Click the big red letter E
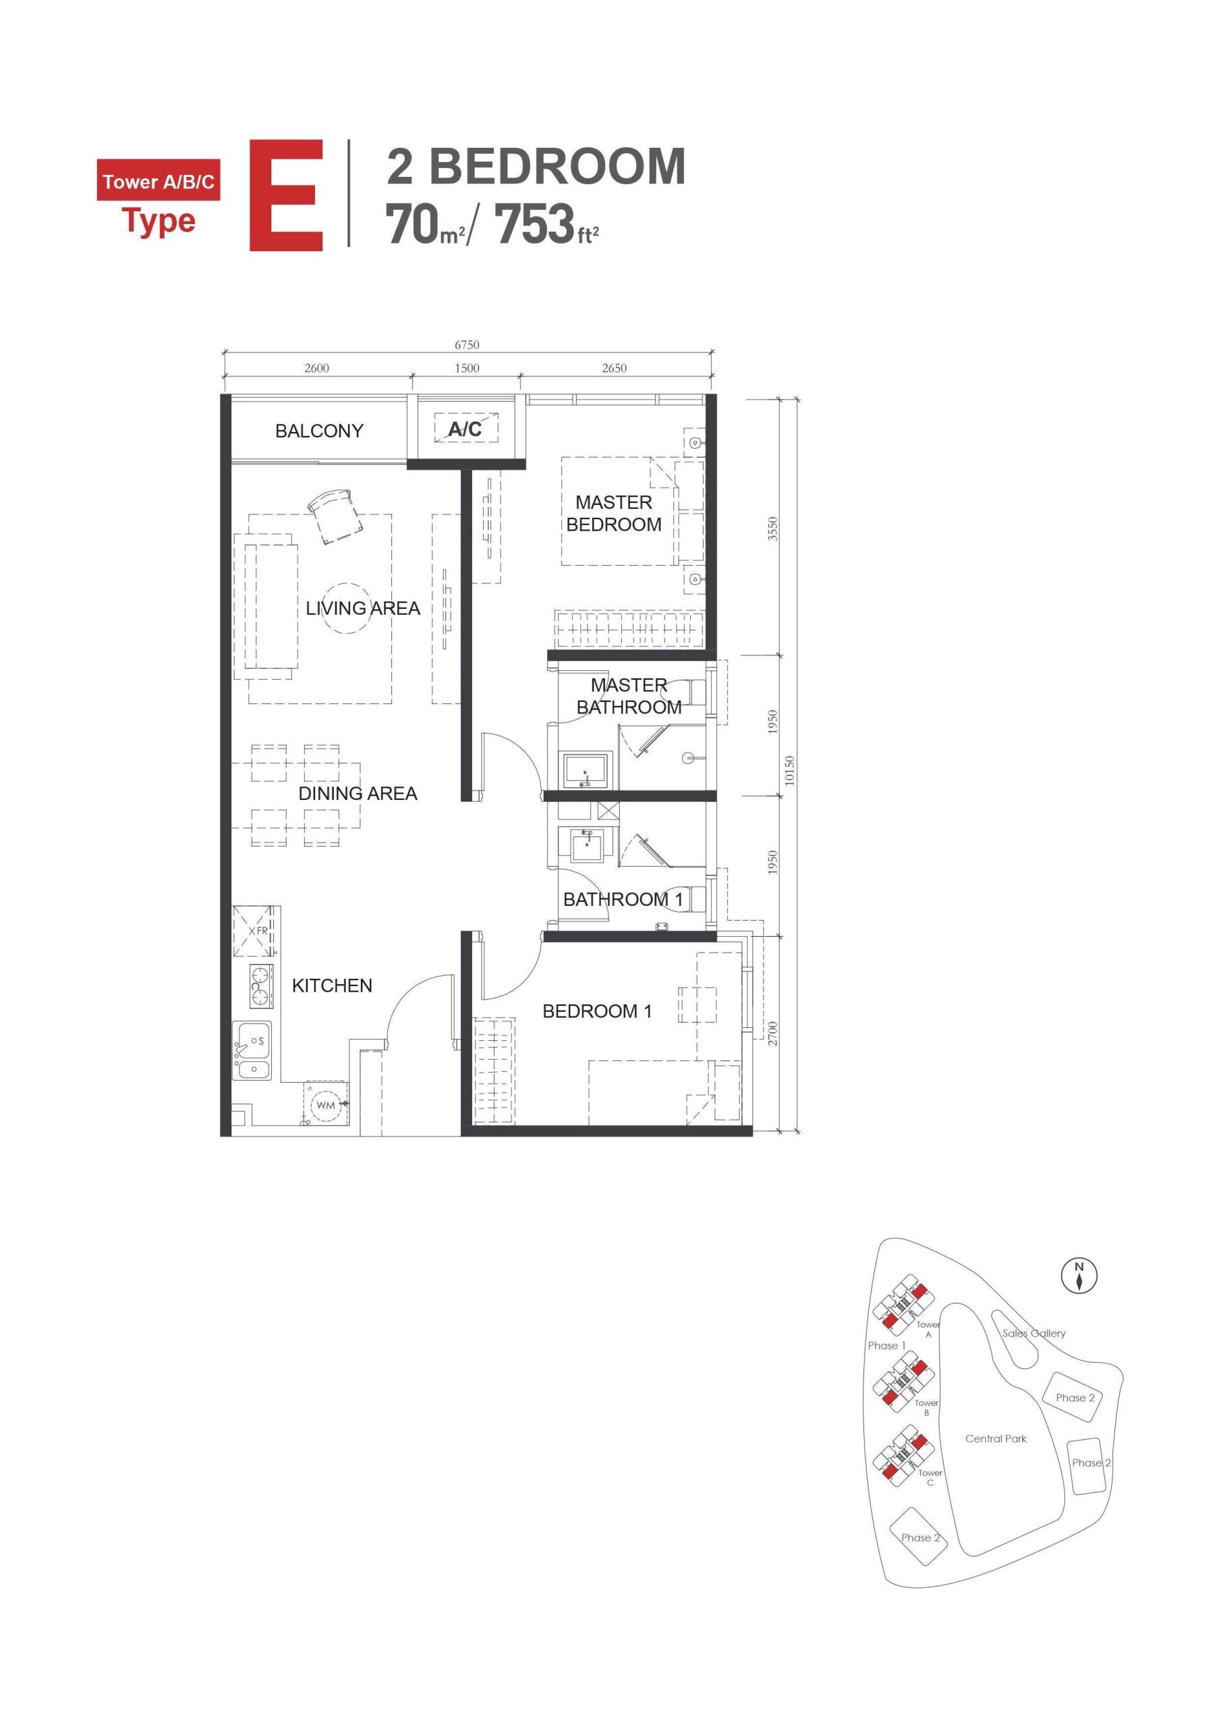pos(287,195)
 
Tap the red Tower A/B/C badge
pos(159,181)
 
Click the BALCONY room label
pos(319,431)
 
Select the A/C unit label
pos(465,429)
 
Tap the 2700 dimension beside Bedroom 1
pos(772,1033)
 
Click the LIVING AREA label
pos(363,608)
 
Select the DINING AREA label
pos(358,793)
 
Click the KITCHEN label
pos(332,986)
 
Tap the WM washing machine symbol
pos(326,1105)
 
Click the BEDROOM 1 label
pos(596,1012)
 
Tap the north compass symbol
pos(1079,1275)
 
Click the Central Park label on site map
pos(995,1438)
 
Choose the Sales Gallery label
pos(1033,1333)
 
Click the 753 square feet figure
pos(535,224)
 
